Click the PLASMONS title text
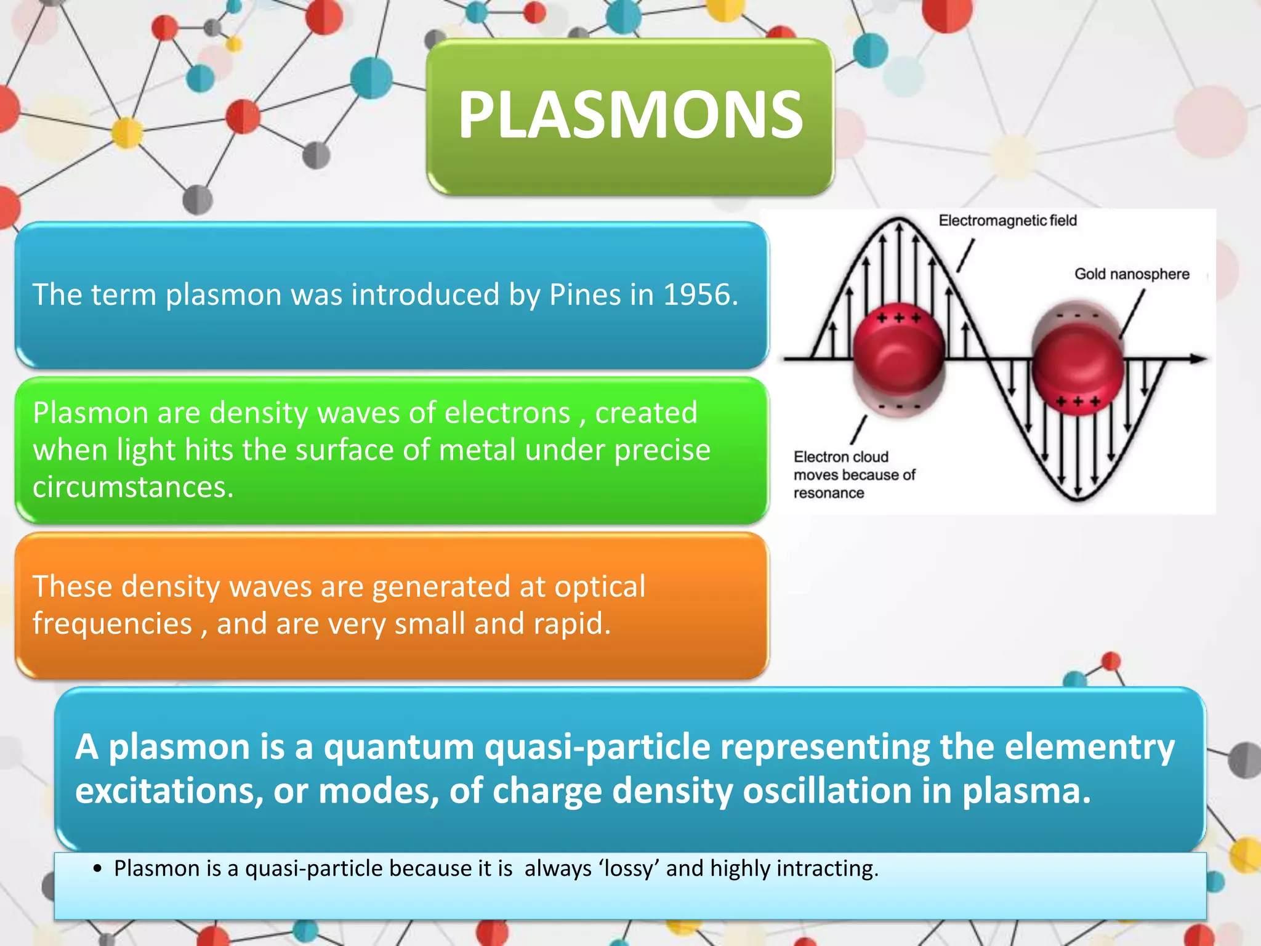[630, 115]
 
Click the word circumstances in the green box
[132, 487]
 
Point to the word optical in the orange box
[600, 586]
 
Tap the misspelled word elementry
[1090, 747]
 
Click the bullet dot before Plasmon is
[97, 870]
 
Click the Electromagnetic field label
[1007, 220]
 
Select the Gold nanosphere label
[1132, 274]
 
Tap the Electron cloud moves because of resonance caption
[853, 475]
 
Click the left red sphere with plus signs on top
[898, 351]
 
